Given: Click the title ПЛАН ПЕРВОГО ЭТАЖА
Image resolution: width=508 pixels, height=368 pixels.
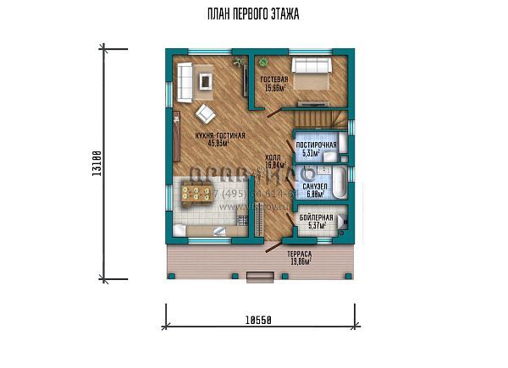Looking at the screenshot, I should tap(253, 14).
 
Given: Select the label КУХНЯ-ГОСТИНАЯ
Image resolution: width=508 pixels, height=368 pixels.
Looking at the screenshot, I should tap(219, 135).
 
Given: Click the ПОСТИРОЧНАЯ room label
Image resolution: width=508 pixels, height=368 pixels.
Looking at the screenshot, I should tap(316, 146).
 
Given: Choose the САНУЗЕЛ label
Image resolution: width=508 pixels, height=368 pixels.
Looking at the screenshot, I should tap(316, 185).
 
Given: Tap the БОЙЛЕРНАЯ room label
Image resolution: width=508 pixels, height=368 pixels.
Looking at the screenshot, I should tap(315, 218).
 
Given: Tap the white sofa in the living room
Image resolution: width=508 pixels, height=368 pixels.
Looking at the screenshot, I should tap(185, 81).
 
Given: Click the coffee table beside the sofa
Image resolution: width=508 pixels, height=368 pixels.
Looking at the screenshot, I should tap(207, 81).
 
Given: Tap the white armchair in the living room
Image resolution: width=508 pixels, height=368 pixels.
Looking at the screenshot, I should tap(205, 113).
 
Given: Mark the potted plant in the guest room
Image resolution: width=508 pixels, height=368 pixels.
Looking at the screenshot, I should tap(263, 61).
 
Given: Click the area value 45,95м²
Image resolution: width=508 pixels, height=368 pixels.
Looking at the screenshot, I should tap(219, 143).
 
